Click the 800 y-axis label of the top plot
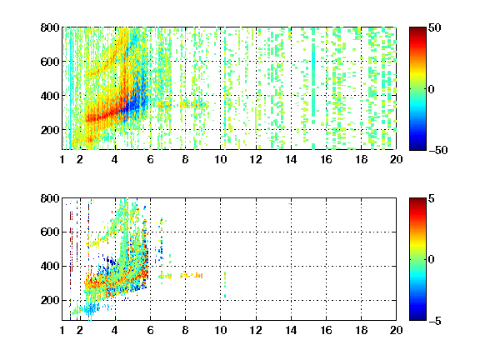pos(50,27)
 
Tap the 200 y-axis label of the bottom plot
pos(50,300)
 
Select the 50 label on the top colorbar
pos(435,27)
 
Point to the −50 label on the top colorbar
pos(437,150)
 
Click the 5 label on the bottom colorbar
pos(432,198)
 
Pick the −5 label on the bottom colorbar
pos(435,321)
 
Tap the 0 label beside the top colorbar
pos(431,89)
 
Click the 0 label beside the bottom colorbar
pos(431,260)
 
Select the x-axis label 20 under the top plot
pos(396,159)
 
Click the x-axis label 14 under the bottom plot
pos(291,330)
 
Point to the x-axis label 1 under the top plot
pos(62,159)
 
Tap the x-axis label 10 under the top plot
pos(220,159)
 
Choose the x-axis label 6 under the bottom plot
pos(150,330)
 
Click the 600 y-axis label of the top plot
pos(50,62)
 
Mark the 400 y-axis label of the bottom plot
pos(50,266)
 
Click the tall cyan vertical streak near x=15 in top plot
pos(313,80)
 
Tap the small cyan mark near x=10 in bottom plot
pos(225,296)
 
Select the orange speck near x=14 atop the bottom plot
pos(290,203)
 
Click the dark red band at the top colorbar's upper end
pos(417,29)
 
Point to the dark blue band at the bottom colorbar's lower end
pos(417,318)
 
